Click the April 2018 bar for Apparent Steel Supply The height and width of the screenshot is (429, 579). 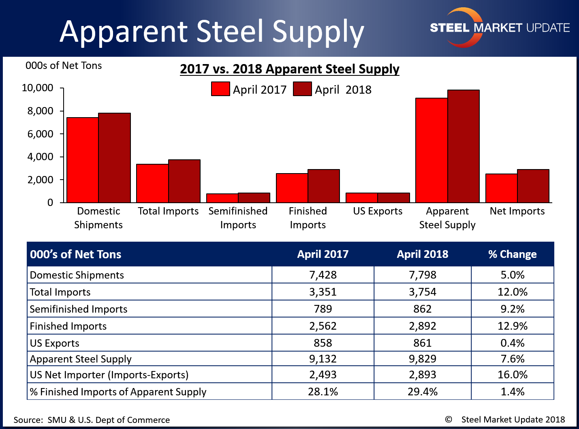coord(463,146)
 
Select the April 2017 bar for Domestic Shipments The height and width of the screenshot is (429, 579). coord(83,160)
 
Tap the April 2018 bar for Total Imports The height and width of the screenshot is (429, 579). coord(184,181)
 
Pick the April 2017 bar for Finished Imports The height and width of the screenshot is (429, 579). coord(292,188)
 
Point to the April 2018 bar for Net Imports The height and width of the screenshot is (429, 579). coord(533,186)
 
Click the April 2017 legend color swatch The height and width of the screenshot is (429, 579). coord(220,89)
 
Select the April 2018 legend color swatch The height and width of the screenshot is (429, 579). coord(302,89)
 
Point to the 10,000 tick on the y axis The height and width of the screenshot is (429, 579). coord(38,88)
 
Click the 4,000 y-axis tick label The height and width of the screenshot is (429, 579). coord(40,157)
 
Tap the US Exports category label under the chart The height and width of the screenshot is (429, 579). coord(378,211)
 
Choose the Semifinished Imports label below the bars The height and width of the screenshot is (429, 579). coord(238,218)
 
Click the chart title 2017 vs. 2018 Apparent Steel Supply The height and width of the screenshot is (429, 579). coord(290,69)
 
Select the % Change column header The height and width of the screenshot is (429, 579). coord(512,254)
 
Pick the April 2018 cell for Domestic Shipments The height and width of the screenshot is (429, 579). coord(422,275)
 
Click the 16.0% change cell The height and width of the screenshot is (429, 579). coord(512,375)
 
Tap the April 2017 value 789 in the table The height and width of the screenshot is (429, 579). coord(323,309)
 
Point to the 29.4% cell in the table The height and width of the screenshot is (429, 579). coord(422,392)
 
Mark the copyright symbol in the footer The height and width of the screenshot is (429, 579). coord(449,420)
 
